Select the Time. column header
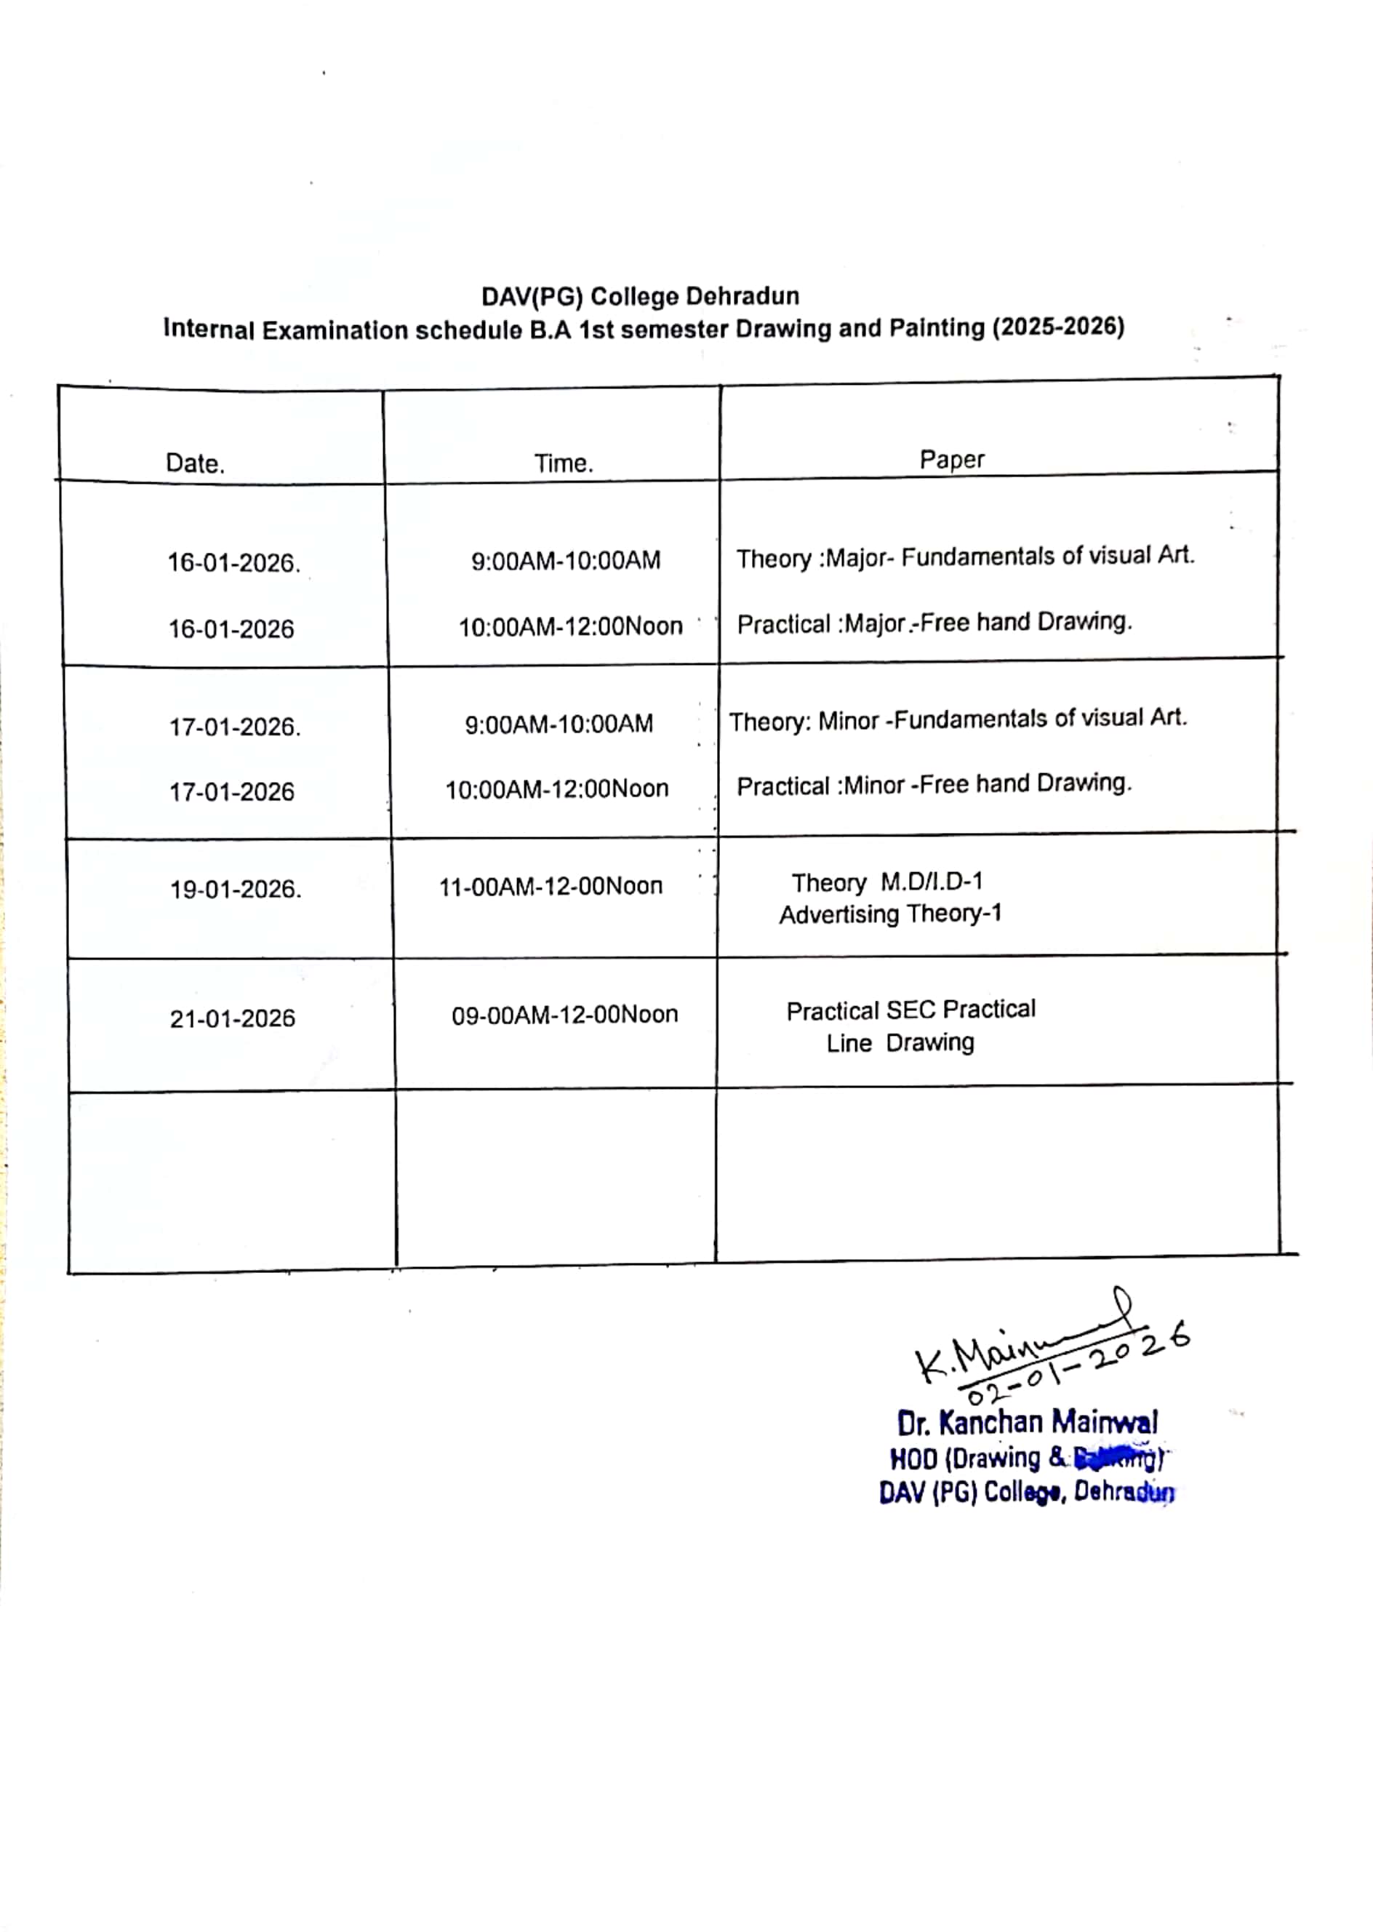563,463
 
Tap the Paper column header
952,459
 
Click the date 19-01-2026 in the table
235,890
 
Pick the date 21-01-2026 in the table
233,1019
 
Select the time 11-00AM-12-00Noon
551,886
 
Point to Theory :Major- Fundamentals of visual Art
964,556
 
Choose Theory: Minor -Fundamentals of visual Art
958,719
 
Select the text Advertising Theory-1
890,914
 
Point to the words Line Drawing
900,1042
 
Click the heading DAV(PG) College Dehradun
640,297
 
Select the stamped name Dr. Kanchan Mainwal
1028,1423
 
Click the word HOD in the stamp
913,1459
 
